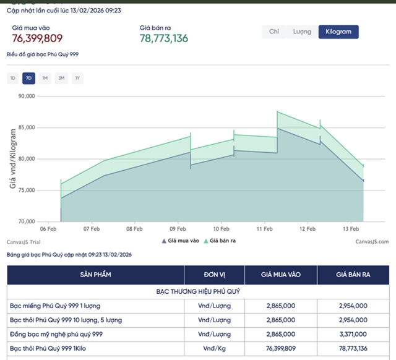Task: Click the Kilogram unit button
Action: tap(338, 32)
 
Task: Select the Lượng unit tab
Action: tap(303, 32)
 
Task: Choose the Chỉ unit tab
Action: tap(274, 32)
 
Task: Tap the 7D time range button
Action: tap(28, 78)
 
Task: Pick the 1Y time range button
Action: tap(77, 78)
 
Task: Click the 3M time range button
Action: tap(61, 78)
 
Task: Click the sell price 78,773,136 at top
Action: tap(164, 38)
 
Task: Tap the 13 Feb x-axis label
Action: tap(351, 228)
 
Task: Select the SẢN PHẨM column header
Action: tap(96, 274)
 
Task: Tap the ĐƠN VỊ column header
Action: tap(215, 274)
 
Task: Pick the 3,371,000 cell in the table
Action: tap(353, 334)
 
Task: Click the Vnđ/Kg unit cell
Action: tap(215, 348)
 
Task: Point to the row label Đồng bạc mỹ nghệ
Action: tap(56, 334)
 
